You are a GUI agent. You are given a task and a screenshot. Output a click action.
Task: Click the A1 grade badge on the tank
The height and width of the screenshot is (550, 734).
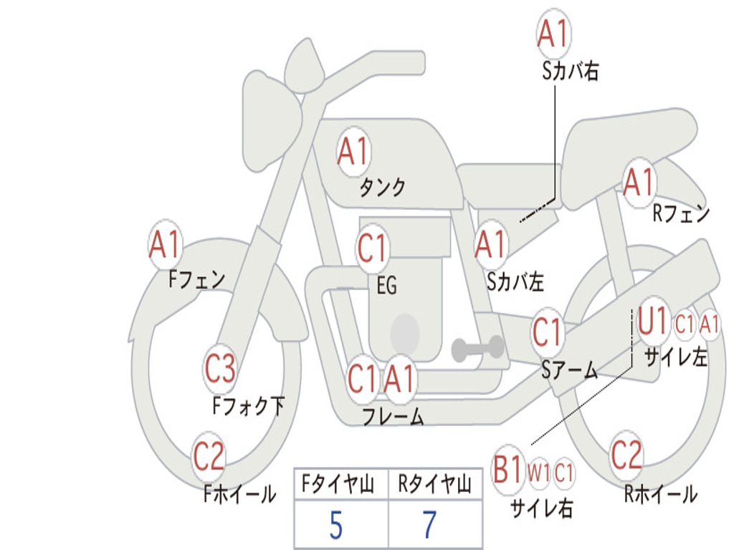click(x=353, y=152)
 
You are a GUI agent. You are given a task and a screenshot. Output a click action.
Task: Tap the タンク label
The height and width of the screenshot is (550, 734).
click(x=382, y=188)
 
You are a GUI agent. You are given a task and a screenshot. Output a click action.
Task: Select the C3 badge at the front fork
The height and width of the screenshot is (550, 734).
click(x=220, y=369)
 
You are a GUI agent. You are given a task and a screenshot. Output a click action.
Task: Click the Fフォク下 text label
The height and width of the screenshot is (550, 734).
click(x=248, y=406)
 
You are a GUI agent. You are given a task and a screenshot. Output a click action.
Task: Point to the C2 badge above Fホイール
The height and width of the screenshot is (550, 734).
click(x=209, y=456)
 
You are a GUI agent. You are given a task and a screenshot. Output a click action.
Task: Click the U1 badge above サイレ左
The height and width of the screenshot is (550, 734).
click(x=653, y=322)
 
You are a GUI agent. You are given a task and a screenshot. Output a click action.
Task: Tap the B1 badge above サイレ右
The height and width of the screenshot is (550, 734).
click(x=508, y=469)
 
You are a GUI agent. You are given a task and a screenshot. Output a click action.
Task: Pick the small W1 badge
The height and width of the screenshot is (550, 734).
click(x=539, y=473)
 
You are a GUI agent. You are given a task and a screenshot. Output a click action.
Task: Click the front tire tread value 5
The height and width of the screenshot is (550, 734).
click(x=336, y=525)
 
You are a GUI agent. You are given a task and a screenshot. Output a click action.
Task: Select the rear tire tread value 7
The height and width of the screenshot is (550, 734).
click(x=429, y=525)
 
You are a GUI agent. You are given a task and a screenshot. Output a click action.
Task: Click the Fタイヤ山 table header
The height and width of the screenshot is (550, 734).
click(x=338, y=484)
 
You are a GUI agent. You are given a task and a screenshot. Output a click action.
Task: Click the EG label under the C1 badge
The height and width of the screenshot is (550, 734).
click(x=386, y=285)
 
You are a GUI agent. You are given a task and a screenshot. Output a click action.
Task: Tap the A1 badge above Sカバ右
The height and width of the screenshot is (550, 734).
click(x=553, y=34)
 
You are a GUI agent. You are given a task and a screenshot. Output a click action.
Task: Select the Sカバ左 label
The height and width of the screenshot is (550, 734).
click(x=515, y=281)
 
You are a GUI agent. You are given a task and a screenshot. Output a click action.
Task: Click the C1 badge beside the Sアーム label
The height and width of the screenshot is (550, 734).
click(x=547, y=332)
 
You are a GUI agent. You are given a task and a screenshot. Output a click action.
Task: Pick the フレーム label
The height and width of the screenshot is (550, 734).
click(x=394, y=416)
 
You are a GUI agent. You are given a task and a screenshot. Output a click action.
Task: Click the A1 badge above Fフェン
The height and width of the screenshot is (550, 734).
click(x=165, y=244)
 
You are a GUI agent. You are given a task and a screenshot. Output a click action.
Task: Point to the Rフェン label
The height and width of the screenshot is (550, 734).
click(x=682, y=213)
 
